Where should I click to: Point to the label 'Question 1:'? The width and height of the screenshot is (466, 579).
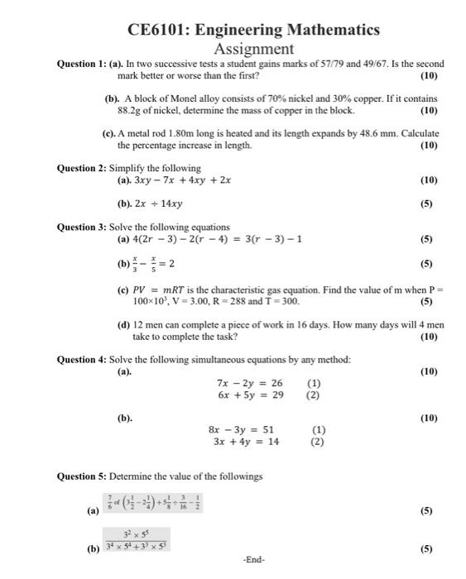coord(82,64)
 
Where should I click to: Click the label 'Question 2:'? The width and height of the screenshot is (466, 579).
coord(82,168)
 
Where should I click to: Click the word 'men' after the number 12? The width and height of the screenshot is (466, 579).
coord(155,325)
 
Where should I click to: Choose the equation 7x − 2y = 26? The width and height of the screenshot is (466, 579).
coord(249,383)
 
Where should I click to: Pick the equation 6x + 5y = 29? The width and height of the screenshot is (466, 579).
coord(249,395)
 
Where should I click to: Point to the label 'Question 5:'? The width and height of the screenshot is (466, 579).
coord(82,477)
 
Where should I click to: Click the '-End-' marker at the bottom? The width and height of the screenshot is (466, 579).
coord(254,560)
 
